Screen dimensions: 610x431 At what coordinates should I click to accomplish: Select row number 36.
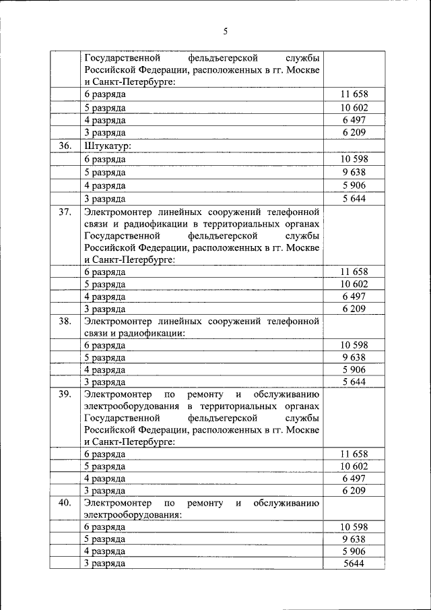(x=65, y=145)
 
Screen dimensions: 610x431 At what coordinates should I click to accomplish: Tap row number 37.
(x=65, y=212)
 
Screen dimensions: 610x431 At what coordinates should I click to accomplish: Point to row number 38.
(x=65, y=321)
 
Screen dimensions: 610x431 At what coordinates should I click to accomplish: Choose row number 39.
(x=65, y=394)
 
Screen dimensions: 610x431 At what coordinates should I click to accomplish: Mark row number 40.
(x=65, y=503)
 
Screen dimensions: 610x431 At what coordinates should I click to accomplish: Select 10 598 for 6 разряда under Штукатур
(x=354, y=159)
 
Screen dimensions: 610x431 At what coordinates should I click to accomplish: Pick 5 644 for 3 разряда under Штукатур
(x=354, y=198)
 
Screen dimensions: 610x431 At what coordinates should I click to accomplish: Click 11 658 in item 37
(x=354, y=272)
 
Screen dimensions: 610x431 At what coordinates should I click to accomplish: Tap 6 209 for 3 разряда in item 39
(x=354, y=491)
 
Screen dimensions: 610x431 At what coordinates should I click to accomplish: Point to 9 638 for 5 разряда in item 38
(x=354, y=357)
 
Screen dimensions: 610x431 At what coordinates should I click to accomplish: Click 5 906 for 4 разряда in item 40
(x=354, y=551)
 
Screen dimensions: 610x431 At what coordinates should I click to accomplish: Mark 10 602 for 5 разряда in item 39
(x=354, y=466)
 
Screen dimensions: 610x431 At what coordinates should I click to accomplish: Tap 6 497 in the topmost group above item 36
(x=354, y=120)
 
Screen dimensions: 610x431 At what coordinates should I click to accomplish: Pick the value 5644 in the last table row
(x=354, y=563)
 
